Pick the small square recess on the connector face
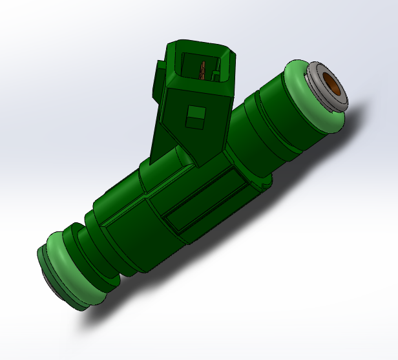[x=196, y=116]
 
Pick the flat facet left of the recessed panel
[x=129, y=226]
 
